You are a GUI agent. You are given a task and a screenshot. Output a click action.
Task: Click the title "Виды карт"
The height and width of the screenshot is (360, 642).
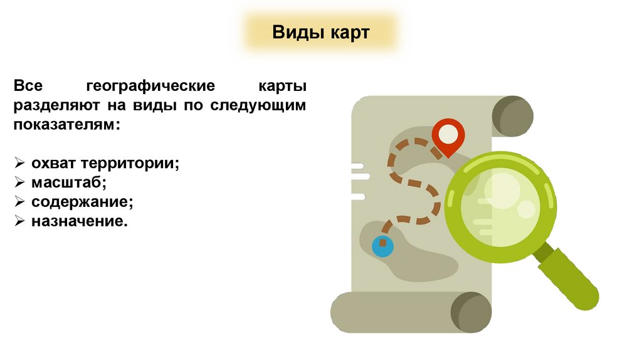click(321, 33)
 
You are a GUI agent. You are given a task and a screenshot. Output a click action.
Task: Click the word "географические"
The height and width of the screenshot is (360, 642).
click(151, 85)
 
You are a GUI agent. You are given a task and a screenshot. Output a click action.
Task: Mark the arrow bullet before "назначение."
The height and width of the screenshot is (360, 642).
click(19, 222)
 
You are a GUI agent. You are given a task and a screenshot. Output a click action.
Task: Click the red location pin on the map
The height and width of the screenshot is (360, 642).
click(448, 135)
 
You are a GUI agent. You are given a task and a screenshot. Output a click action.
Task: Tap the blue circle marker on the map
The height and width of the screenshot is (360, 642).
click(382, 246)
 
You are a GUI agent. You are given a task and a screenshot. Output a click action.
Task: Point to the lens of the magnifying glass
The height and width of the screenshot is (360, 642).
click(500, 201)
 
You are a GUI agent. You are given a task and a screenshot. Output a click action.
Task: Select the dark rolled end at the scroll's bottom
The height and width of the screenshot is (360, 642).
click(471, 312)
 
